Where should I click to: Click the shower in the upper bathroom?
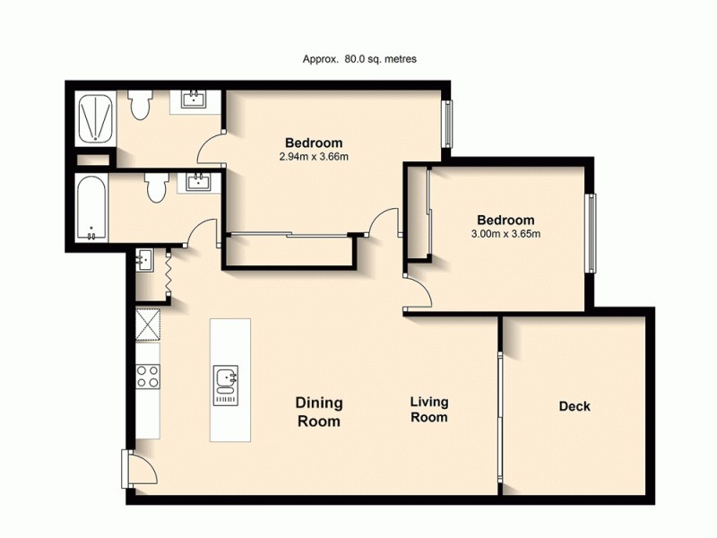point(94,118)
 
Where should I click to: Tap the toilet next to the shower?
point(138,105)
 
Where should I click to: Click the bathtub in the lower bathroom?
point(93,209)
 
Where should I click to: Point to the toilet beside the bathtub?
point(155,188)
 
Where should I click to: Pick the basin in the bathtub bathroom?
point(197,183)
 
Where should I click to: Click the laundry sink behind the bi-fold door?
point(144,261)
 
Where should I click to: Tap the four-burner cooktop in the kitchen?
point(147,377)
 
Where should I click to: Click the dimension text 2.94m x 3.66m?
point(313,157)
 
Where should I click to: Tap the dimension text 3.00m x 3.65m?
point(505,234)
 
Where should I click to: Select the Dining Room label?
point(318,412)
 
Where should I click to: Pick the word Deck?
point(574,406)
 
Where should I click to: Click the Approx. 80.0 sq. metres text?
point(359,59)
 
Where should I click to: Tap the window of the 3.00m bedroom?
point(590,232)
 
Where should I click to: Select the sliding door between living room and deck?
point(500,403)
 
